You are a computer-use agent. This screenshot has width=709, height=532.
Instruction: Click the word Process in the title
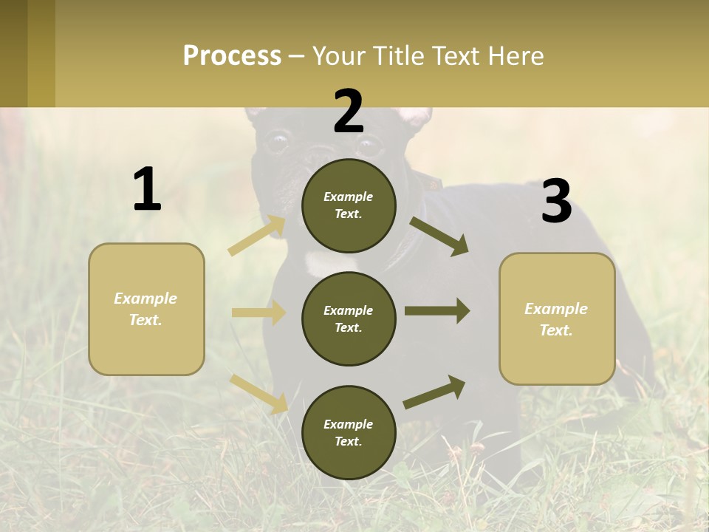click(232, 56)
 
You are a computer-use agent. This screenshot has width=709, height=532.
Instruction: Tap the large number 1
click(147, 190)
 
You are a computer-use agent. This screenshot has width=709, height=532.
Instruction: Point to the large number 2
click(349, 112)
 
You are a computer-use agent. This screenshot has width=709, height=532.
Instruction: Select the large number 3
click(556, 202)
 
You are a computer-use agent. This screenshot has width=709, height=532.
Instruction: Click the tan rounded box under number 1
click(146, 309)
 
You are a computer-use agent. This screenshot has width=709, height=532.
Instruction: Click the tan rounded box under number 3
click(557, 319)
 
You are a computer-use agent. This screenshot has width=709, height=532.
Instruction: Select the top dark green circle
click(349, 205)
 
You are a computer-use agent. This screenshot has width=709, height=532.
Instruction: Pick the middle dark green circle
click(349, 318)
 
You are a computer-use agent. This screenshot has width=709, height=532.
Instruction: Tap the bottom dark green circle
click(349, 432)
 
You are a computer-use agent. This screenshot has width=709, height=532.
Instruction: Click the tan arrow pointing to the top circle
click(257, 236)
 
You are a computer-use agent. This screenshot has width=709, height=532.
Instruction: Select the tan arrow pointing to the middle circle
click(258, 313)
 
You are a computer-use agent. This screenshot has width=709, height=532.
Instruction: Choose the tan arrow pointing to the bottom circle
click(259, 394)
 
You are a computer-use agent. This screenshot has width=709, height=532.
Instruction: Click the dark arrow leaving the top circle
click(439, 236)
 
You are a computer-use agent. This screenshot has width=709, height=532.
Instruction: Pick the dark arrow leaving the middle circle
click(437, 311)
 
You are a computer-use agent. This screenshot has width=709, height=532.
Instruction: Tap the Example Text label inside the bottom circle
click(349, 433)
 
